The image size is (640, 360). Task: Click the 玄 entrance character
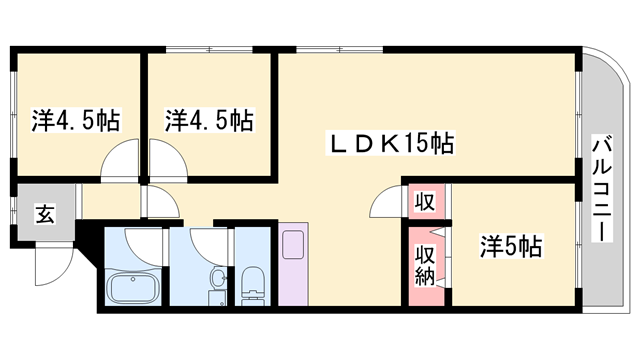coord(46,212)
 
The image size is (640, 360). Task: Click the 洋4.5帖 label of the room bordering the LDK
coord(207,121)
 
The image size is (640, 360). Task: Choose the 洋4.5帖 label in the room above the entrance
coord(76,121)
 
